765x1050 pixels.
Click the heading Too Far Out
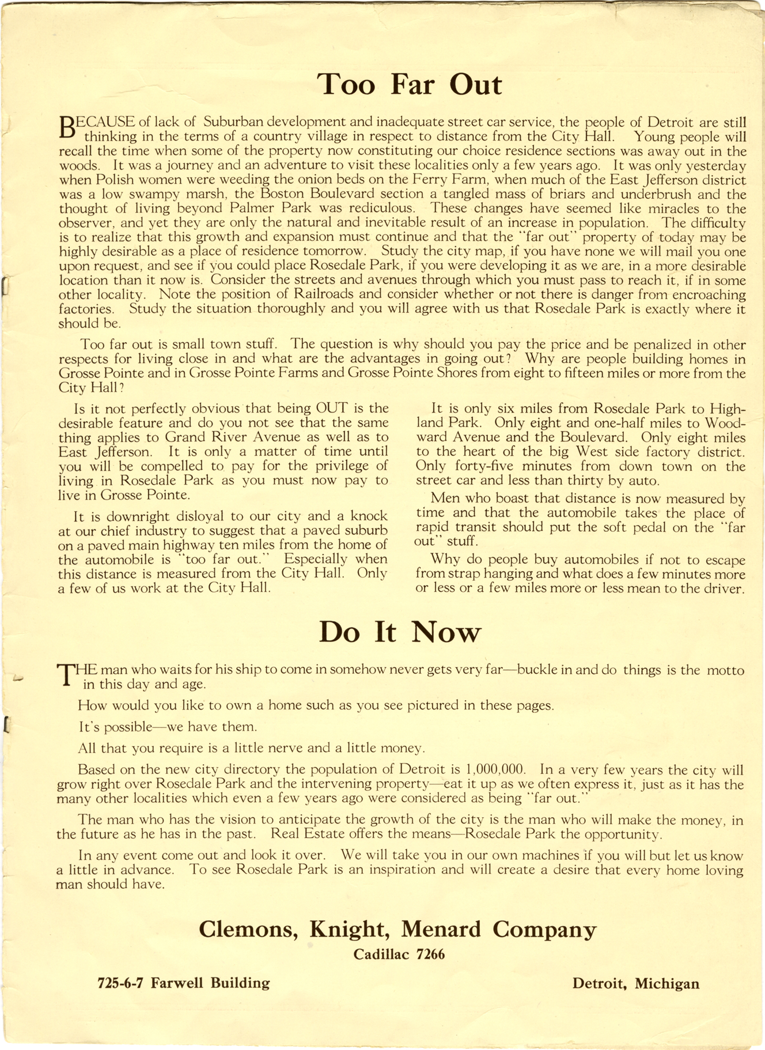click(410, 84)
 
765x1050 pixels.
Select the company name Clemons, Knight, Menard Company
click(397, 929)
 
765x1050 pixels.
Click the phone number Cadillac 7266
click(399, 954)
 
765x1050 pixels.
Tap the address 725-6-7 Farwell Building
click(184, 983)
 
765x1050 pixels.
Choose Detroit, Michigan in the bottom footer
click(635, 983)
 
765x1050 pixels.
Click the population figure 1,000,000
click(495, 770)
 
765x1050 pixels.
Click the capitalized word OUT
click(332, 409)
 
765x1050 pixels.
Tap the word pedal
click(641, 527)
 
